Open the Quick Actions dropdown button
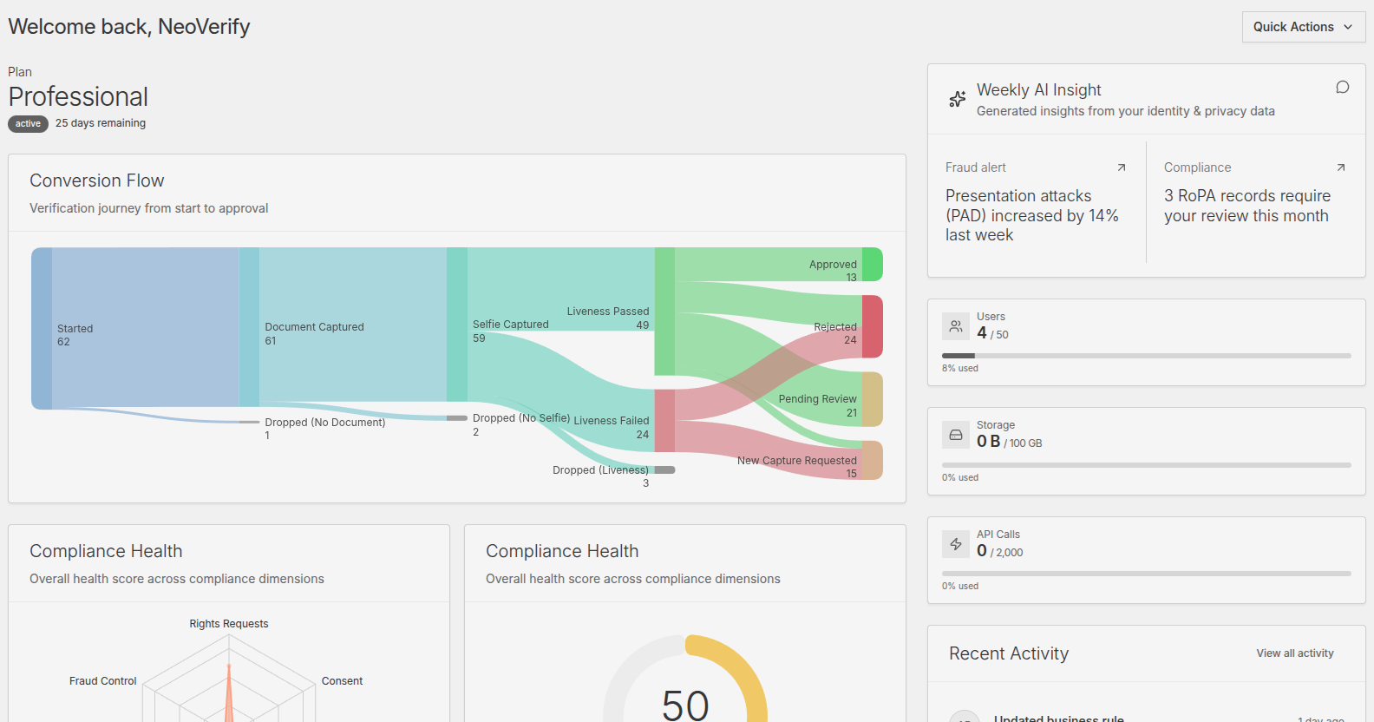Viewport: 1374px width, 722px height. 1303,27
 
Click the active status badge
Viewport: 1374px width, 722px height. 28,124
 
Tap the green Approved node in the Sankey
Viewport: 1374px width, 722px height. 872,264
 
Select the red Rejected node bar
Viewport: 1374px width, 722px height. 872,326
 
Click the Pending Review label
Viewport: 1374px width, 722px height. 817,399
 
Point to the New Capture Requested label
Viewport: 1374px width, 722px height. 796,461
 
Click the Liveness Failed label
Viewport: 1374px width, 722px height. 611,421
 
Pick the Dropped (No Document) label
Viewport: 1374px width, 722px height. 324,423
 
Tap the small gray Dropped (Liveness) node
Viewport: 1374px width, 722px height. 664,470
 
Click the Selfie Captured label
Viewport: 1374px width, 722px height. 510,325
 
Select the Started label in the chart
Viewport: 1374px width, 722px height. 75,329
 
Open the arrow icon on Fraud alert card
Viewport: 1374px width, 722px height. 1121,167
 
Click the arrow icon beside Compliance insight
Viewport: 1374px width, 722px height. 1340,167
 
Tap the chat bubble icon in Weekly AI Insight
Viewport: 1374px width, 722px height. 1342,88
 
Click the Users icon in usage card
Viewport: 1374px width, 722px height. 956,326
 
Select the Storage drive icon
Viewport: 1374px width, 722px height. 956,435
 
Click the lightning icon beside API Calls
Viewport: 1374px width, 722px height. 956,544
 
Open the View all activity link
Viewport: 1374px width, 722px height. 1294,653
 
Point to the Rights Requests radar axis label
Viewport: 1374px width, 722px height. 229,624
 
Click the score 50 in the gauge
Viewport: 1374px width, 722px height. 685,705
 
